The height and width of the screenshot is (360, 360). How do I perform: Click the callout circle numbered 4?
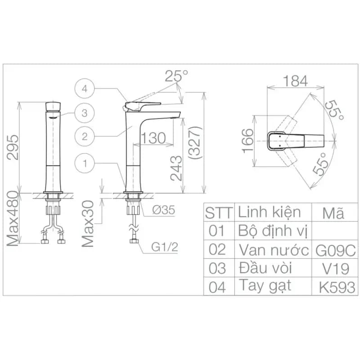coord(85,88)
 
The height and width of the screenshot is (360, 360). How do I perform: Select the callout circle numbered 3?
coord(85,113)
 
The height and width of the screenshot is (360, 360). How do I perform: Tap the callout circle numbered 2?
coord(85,137)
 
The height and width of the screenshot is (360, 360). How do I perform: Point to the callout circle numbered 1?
coord(85,163)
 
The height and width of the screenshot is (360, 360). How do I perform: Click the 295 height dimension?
coord(13,147)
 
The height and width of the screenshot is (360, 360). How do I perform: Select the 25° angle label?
coord(176,76)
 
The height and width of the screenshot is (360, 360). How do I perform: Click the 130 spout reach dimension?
coord(153,138)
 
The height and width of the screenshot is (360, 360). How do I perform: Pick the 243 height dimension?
coord(176,168)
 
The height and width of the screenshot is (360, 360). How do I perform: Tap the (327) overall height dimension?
coord(195,143)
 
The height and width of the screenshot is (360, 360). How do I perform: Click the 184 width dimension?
coord(295,81)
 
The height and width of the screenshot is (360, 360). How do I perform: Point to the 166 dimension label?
coord(248,140)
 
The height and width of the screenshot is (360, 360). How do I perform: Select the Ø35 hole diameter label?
coord(163,210)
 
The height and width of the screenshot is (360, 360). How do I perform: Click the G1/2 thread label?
coord(164,247)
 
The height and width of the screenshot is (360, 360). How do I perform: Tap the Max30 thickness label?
coord(88,223)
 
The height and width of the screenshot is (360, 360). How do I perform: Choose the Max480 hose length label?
coord(12,219)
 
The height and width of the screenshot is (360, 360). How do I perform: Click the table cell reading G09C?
coord(335,250)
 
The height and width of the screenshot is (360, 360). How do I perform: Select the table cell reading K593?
coord(337,287)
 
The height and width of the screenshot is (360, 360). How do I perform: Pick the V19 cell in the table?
coord(335,268)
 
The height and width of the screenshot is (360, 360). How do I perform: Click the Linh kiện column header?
coord(269,212)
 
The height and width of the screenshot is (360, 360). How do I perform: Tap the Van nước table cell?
coord(274,250)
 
